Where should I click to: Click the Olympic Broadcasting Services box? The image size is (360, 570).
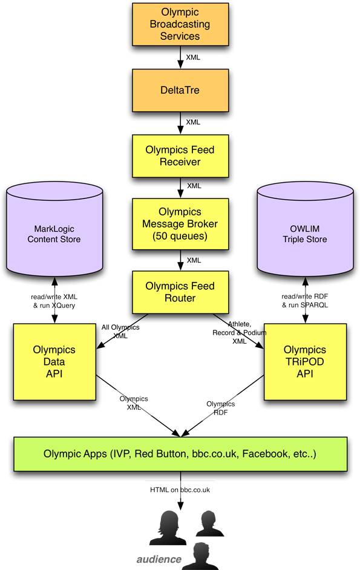(x=180, y=24)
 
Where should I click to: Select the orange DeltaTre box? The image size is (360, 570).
(x=180, y=90)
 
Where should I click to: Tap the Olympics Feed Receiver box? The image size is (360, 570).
(x=180, y=156)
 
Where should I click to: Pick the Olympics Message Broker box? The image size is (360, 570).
(x=180, y=224)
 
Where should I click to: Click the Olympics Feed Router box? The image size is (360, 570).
(x=180, y=292)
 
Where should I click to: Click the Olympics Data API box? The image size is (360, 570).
(x=54, y=362)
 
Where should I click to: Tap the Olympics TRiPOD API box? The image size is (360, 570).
(x=305, y=362)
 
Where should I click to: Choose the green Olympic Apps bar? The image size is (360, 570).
(x=180, y=454)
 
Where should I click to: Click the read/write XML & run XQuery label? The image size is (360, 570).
(x=54, y=301)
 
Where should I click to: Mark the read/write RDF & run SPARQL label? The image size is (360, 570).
(x=305, y=301)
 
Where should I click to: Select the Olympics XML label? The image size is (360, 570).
(x=134, y=403)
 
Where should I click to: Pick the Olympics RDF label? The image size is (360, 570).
(x=221, y=408)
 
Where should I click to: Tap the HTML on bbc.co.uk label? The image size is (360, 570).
(x=180, y=490)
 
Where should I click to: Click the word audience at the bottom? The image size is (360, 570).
(x=159, y=558)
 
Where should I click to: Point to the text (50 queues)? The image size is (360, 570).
(x=180, y=236)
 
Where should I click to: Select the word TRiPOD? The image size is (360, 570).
(x=305, y=362)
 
